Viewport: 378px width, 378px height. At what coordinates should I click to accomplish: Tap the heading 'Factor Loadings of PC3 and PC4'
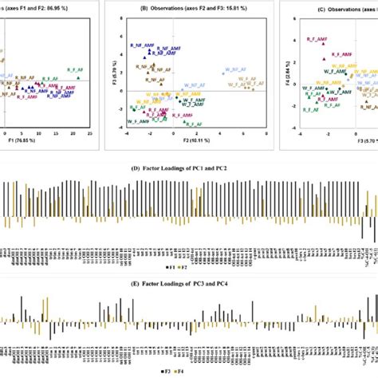[189, 282]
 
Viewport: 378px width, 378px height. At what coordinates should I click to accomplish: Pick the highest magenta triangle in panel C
[324, 44]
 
